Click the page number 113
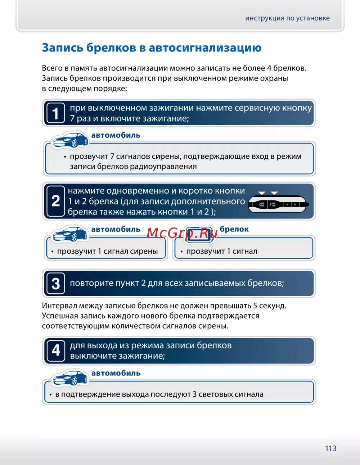330,448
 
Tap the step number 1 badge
56,113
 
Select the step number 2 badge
56,201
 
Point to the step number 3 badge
56,284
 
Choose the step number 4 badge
56,351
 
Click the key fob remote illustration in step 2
278,204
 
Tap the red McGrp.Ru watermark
182,234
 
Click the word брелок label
234,229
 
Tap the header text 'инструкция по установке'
287,18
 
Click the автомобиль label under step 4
116,373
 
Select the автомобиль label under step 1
116,135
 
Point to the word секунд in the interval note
273,306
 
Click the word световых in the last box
215,394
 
